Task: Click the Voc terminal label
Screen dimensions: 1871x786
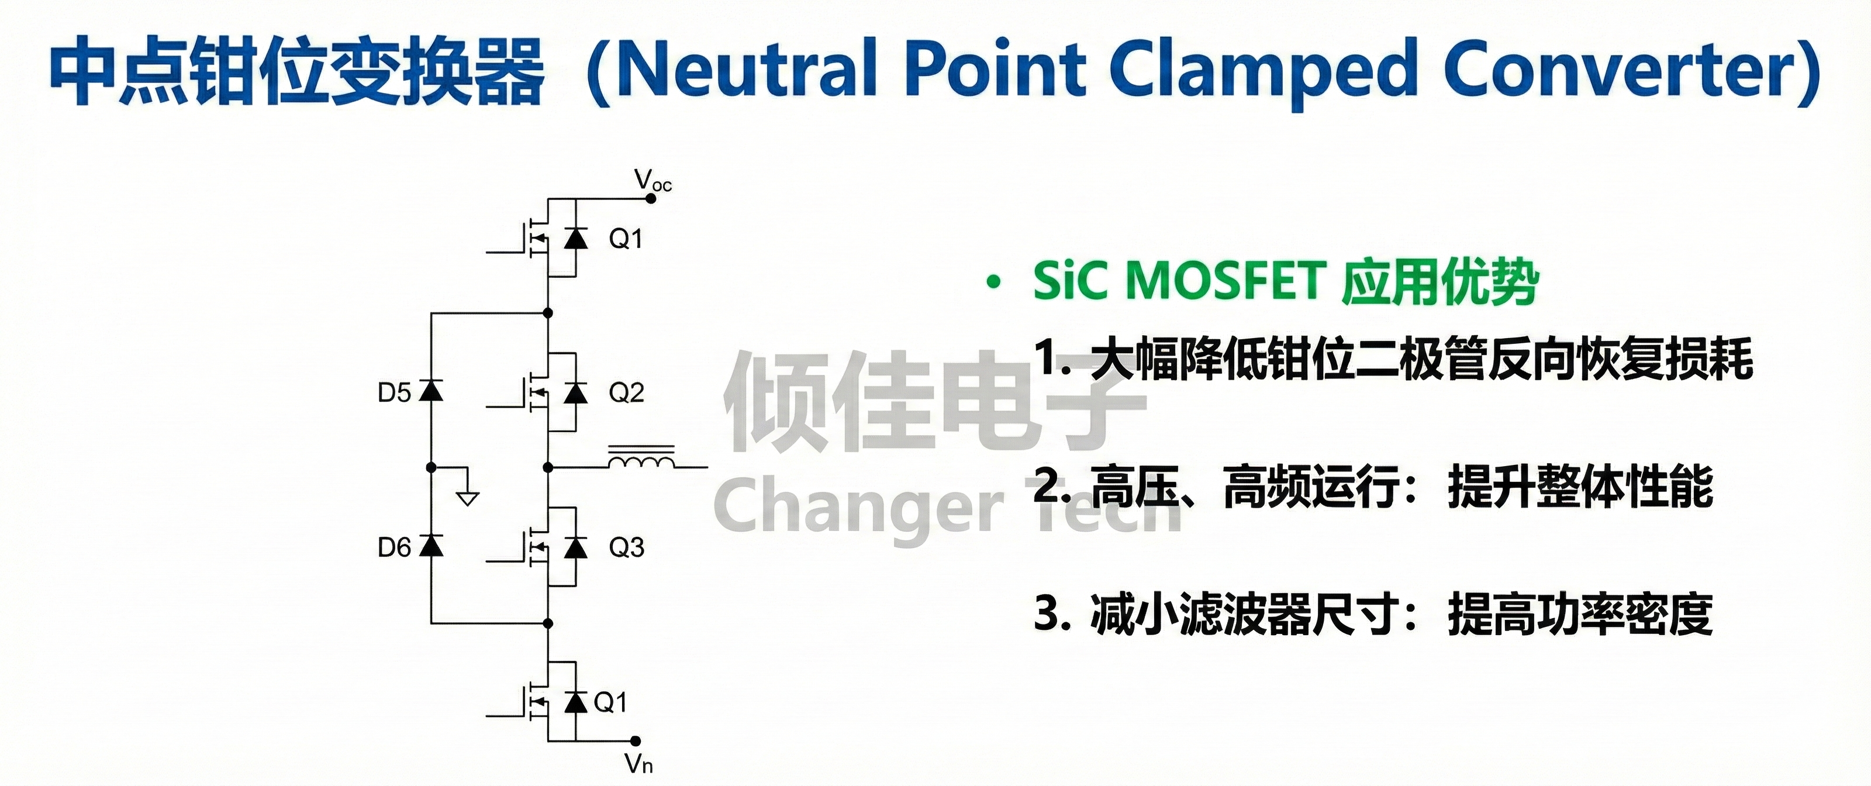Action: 653,180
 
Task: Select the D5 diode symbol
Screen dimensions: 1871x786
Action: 431,390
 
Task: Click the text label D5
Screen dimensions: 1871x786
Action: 395,393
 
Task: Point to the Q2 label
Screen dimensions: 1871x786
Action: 626,393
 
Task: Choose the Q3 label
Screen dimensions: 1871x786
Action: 626,547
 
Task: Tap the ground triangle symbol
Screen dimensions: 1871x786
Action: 468,498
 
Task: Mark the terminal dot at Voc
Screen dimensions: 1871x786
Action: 651,198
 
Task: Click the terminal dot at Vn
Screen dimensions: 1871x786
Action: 636,741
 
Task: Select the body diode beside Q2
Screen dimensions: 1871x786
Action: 576,392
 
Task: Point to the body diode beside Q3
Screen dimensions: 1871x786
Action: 576,546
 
